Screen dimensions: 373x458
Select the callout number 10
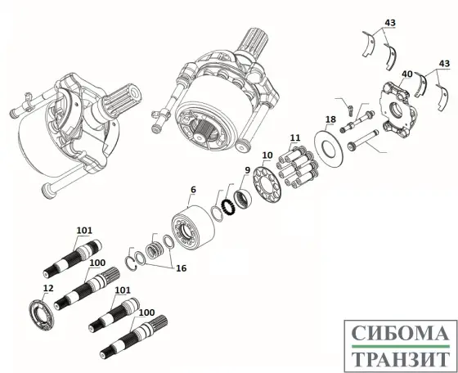point(267,155)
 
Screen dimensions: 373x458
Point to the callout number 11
point(294,137)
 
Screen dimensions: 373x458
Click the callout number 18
point(330,119)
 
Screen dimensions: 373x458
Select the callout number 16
point(180,267)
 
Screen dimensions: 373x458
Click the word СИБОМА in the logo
point(398,335)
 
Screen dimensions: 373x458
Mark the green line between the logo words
point(398,347)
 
